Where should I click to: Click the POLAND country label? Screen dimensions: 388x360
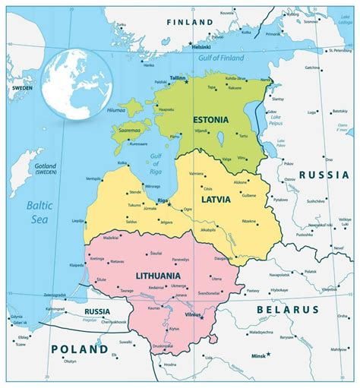tap(79, 349)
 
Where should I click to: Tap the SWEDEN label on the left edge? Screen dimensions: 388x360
tap(21, 88)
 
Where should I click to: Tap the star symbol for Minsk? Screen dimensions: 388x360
tap(268, 355)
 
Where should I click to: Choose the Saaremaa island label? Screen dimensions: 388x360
tap(126, 131)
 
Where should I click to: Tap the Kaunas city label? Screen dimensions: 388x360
tap(153, 308)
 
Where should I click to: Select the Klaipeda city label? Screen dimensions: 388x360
tap(75, 265)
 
